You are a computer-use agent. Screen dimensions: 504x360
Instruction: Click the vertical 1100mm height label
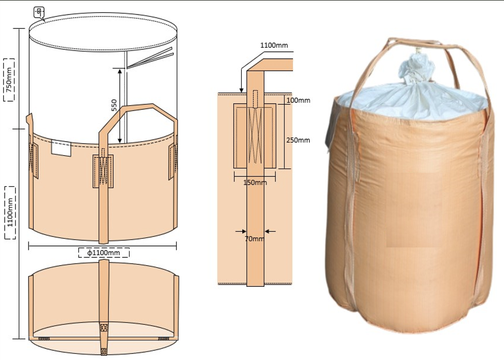[x=10, y=212]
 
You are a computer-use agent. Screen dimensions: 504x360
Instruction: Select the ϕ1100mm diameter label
[x=104, y=253]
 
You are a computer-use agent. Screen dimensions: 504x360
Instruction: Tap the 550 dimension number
[x=114, y=105]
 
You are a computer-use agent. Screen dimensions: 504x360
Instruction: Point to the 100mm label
[x=298, y=100]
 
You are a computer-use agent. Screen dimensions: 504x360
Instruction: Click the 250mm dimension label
[x=298, y=140]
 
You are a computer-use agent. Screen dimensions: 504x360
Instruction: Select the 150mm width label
[x=255, y=183]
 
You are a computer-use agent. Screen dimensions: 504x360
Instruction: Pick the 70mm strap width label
[x=255, y=239]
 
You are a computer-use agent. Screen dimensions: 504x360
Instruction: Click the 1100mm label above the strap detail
[x=274, y=45]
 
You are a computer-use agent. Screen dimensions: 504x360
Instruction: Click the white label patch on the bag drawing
[x=61, y=148]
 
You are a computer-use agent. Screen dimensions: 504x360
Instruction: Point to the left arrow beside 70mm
[x=241, y=231]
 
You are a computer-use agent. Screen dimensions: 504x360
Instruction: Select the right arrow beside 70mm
[x=270, y=231]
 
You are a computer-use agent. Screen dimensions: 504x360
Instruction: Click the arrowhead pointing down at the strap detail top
[x=241, y=90]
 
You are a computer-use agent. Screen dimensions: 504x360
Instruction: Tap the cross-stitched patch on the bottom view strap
[x=104, y=328]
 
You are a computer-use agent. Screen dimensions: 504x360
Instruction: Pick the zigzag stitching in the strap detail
[x=255, y=135]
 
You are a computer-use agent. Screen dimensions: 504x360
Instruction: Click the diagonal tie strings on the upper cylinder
[x=150, y=58]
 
